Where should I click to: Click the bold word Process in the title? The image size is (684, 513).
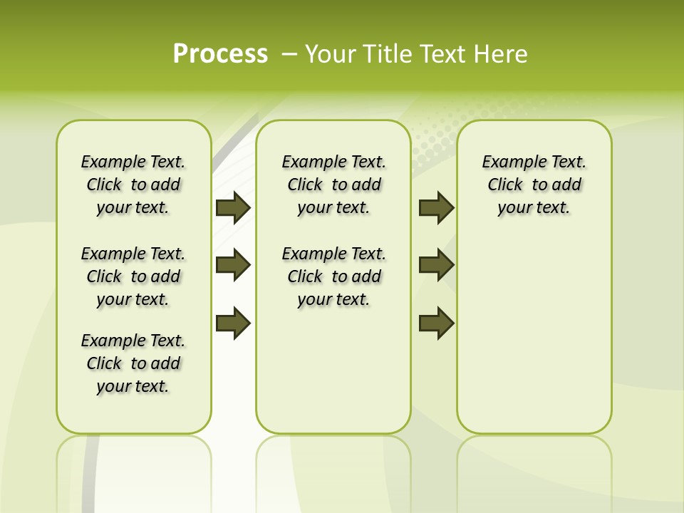click(x=220, y=54)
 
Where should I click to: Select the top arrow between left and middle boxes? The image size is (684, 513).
click(x=233, y=207)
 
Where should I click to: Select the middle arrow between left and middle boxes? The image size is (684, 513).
click(x=233, y=265)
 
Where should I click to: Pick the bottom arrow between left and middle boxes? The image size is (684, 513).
click(x=233, y=323)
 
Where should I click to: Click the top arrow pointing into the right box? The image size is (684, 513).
click(x=436, y=207)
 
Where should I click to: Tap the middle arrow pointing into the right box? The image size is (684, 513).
click(x=436, y=265)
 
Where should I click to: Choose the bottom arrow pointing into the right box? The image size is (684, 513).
click(x=436, y=323)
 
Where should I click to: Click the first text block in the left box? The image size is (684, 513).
click(x=133, y=185)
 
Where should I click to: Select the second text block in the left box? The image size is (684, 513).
click(x=133, y=276)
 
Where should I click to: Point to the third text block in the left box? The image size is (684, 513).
click(x=133, y=363)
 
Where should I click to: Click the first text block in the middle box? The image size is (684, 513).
click(x=333, y=185)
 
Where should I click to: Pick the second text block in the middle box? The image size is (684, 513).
click(x=333, y=276)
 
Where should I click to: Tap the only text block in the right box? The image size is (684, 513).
click(x=534, y=185)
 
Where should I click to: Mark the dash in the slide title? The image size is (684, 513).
click(x=290, y=54)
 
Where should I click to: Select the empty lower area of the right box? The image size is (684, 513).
click(x=534, y=335)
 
